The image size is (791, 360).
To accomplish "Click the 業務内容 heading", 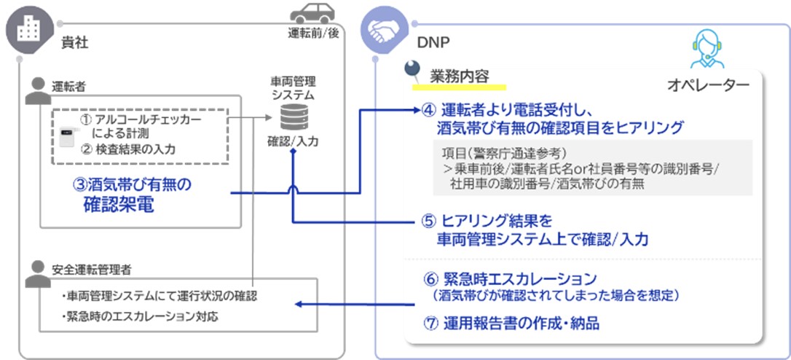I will [459, 75].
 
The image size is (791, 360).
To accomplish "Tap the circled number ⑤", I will [430, 221].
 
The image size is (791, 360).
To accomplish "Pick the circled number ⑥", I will [430, 279].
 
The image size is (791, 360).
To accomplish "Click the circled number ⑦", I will [430, 323].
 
